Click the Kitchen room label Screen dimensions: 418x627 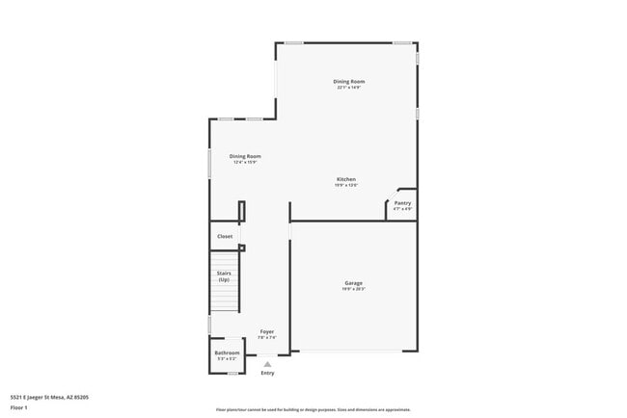pyautogui.click(x=346, y=180)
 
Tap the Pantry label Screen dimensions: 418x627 pyautogui.click(x=402, y=203)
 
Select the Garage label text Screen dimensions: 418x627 pyautogui.click(x=353, y=282)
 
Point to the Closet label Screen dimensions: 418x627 pyautogui.click(x=225, y=236)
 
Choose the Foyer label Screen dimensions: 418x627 pyautogui.click(x=267, y=331)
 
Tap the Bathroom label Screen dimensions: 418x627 pyautogui.click(x=227, y=353)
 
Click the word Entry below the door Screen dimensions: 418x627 pyautogui.click(x=267, y=373)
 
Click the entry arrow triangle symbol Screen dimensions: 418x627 pyautogui.click(x=267, y=363)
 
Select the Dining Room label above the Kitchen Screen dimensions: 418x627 pyautogui.click(x=349, y=81)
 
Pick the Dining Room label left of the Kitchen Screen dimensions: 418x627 pyautogui.click(x=245, y=156)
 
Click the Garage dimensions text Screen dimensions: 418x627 pyautogui.click(x=353, y=288)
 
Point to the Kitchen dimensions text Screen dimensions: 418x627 pyautogui.click(x=346, y=186)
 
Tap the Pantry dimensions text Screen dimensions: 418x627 pyautogui.click(x=402, y=209)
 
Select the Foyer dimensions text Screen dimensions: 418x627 pyautogui.click(x=267, y=337)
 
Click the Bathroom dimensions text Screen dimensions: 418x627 pyautogui.click(x=227, y=358)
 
